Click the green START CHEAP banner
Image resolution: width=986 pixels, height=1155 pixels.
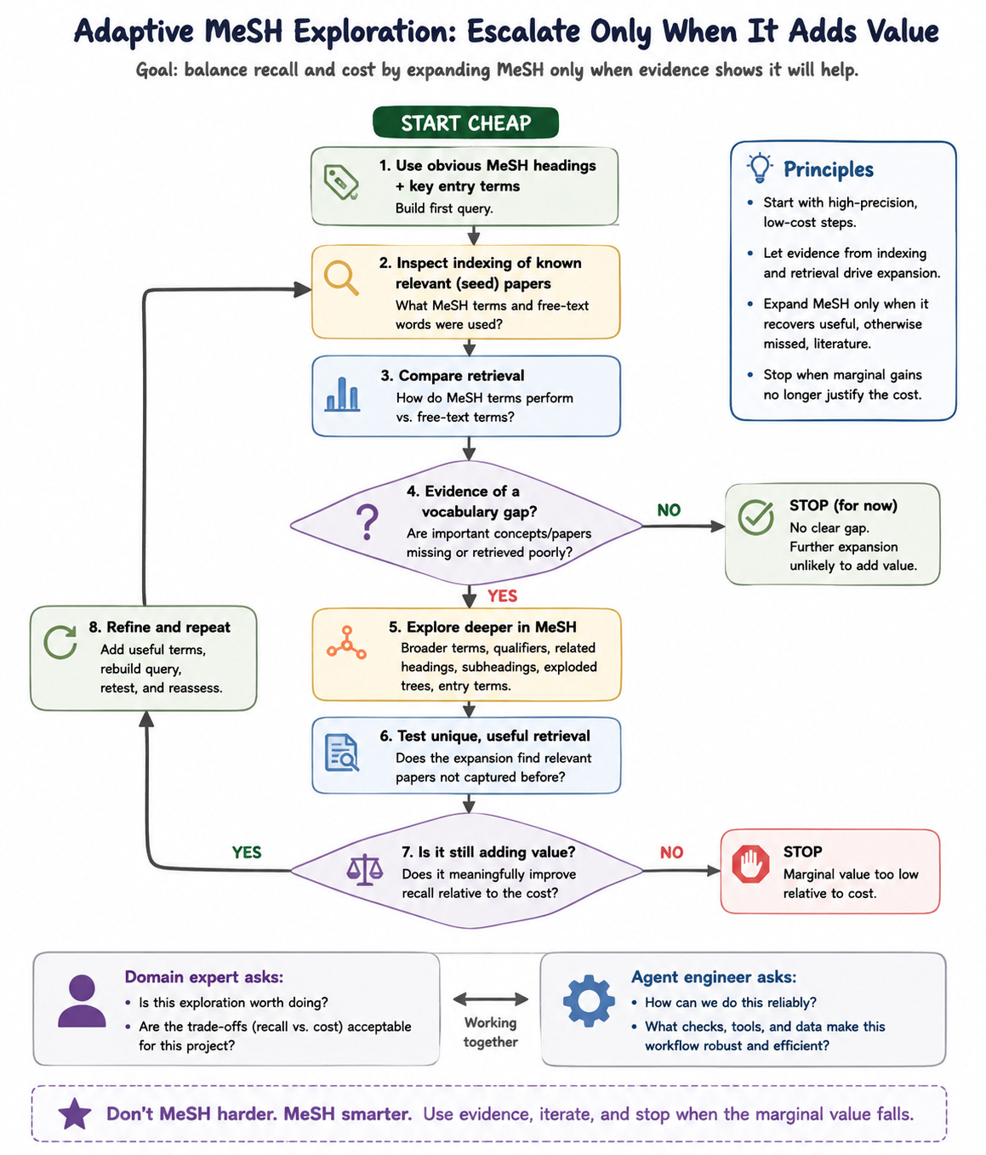click(x=465, y=122)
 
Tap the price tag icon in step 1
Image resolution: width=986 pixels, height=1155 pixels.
click(x=341, y=182)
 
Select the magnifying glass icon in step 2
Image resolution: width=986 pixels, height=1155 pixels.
click(x=341, y=278)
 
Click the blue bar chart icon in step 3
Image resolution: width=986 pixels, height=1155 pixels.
click(x=342, y=395)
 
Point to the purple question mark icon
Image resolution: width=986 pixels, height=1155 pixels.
click(x=368, y=522)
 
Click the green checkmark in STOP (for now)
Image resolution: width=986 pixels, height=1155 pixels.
click(x=755, y=517)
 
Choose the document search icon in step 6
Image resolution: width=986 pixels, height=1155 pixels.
click(x=341, y=753)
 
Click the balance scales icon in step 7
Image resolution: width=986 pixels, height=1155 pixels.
click(x=364, y=869)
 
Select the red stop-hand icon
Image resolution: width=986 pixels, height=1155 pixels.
click(x=750, y=864)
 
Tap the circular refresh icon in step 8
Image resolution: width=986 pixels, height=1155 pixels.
click(x=60, y=642)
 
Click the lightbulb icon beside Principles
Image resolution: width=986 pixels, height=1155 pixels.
click(x=760, y=168)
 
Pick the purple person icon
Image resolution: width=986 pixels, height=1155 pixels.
click(x=82, y=1001)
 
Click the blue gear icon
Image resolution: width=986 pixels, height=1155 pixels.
click(x=589, y=1001)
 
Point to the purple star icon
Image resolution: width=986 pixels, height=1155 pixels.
click(x=75, y=1113)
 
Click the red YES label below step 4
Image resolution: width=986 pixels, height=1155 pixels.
click(x=502, y=595)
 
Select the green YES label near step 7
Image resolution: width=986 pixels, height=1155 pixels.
click(x=247, y=852)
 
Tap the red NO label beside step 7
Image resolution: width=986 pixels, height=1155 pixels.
click(x=671, y=852)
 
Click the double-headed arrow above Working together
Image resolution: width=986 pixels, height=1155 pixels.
click(x=490, y=999)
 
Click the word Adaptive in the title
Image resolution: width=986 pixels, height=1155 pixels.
click(x=134, y=31)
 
